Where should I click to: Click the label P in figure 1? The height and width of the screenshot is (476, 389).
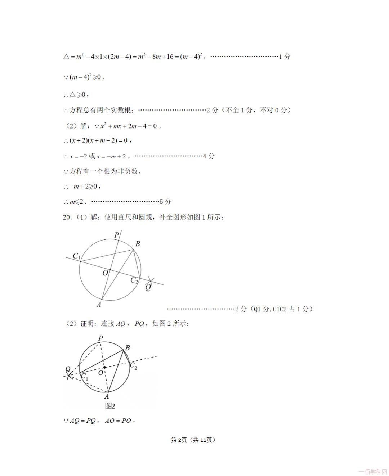tap(116, 235)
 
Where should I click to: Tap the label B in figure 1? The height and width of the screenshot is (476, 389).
tap(138, 244)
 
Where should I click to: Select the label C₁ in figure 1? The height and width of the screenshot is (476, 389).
tap(76, 256)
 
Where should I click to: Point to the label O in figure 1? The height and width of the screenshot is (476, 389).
tap(105, 273)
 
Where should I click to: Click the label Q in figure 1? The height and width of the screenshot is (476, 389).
tap(148, 287)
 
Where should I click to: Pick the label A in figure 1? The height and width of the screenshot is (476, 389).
tap(99, 305)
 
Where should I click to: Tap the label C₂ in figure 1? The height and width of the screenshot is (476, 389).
tap(134, 280)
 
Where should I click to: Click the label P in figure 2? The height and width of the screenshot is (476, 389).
tap(101, 338)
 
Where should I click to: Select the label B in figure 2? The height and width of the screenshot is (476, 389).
tap(127, 348)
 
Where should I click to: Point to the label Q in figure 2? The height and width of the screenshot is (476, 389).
tap(68, 369)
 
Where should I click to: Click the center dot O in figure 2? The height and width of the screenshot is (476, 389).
tap(104, 368)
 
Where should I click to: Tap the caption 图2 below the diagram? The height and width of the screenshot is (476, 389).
tap(110, 406)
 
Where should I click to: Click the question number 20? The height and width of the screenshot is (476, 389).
tap(67, 217)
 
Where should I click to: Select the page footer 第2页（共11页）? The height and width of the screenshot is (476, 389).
tap(193, 440)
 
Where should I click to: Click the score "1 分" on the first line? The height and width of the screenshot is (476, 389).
tap(285, 57)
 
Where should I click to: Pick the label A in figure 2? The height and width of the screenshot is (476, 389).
tap(107, 396)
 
